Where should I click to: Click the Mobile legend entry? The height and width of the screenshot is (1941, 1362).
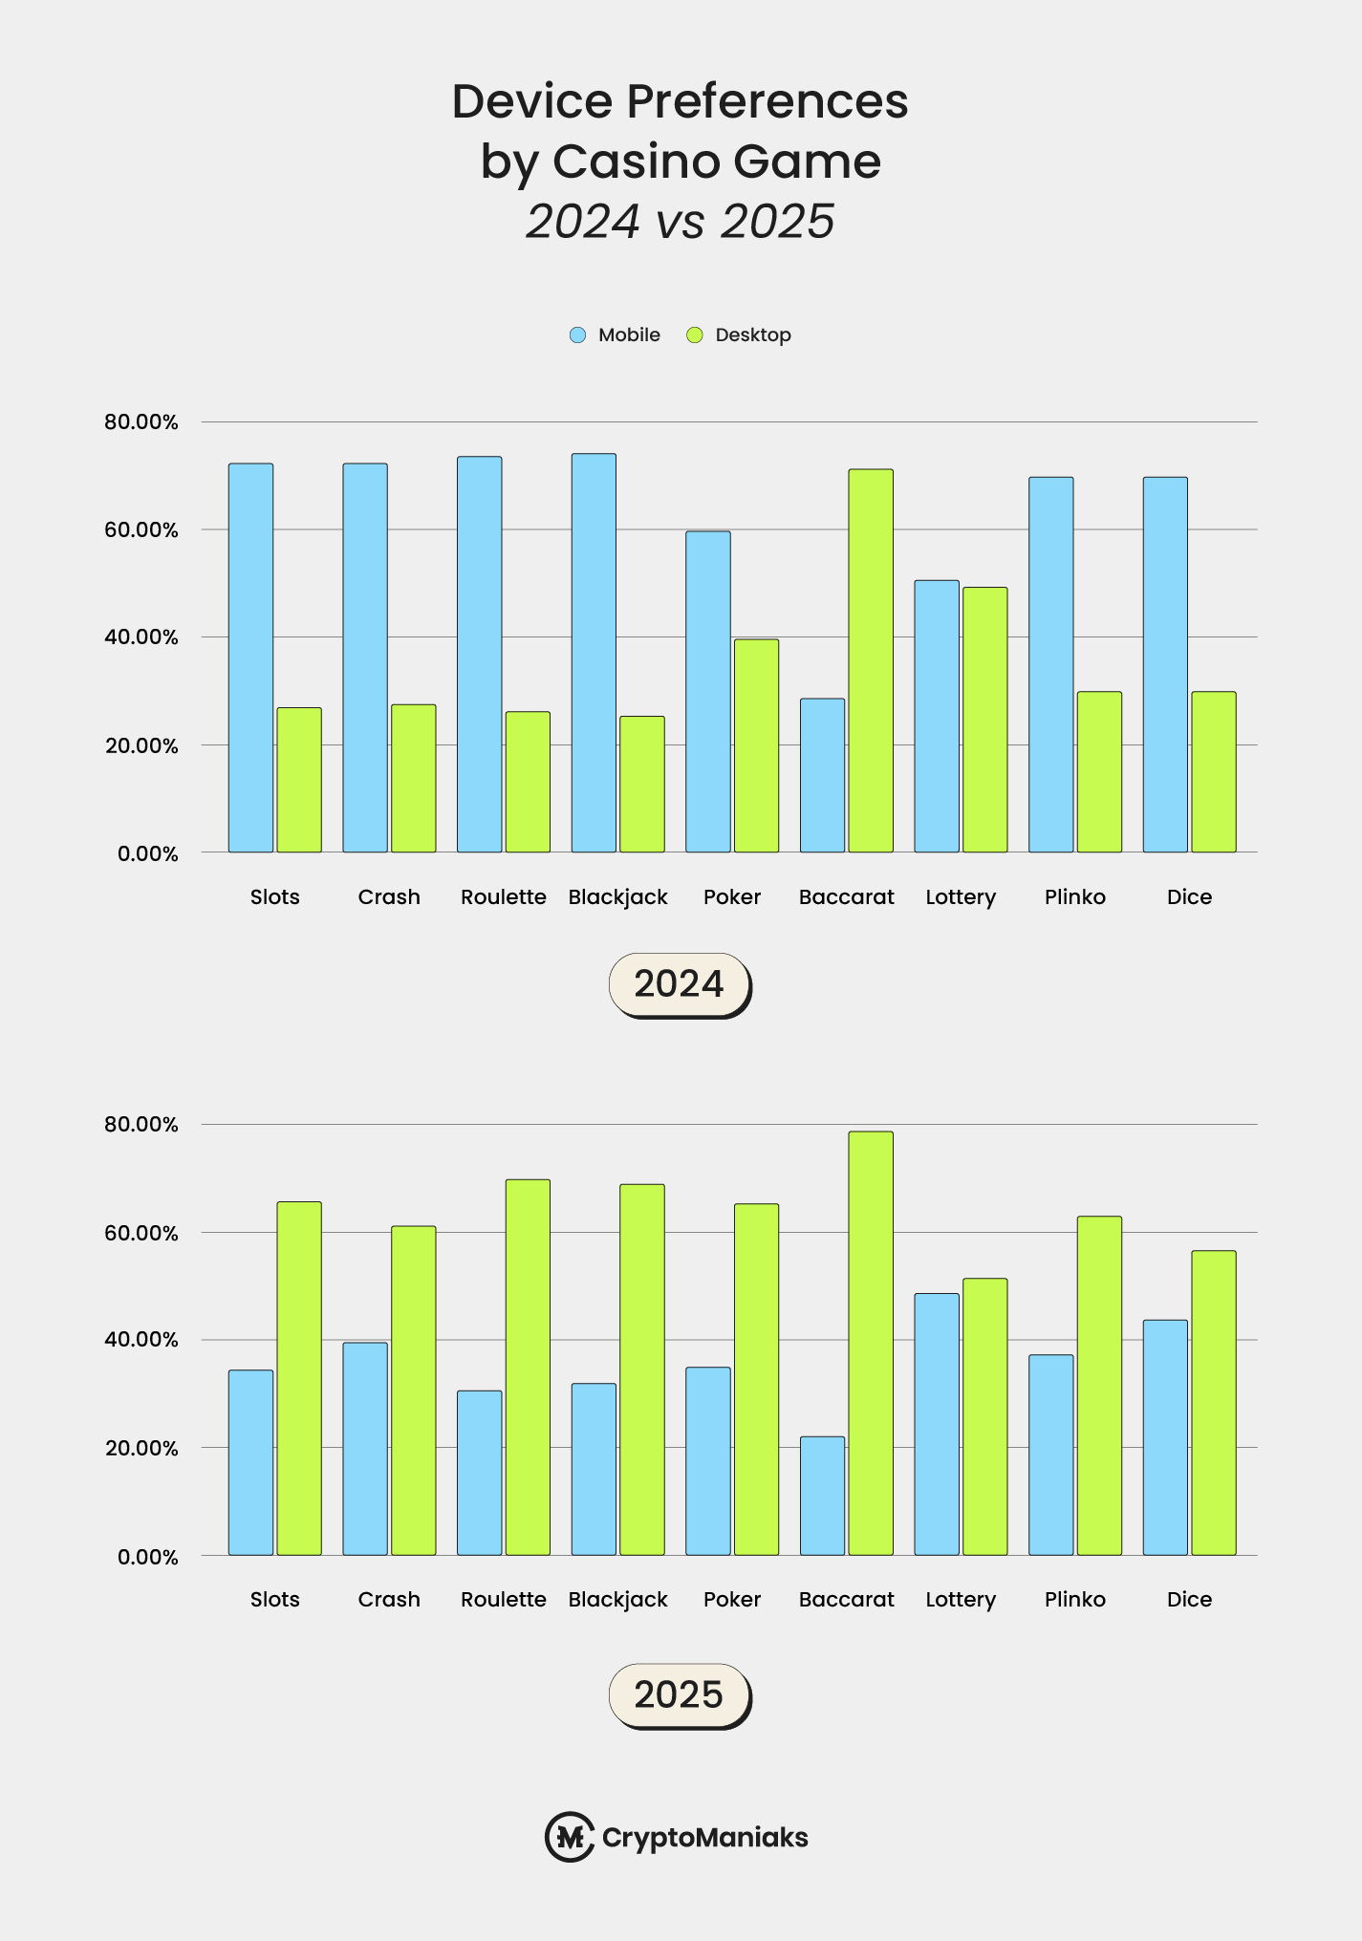point(616,335)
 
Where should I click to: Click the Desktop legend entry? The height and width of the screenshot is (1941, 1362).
point(739,335)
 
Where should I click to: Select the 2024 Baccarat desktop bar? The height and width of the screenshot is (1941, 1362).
point(871,660)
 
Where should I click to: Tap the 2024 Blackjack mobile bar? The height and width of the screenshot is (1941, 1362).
point(594,653)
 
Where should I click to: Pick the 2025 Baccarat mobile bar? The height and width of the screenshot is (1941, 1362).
point(822,1496)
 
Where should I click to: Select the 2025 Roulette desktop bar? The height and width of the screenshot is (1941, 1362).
point(528,1367)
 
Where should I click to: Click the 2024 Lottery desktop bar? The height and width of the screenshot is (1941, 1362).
point(984,720)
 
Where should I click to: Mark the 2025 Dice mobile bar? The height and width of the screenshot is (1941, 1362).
point(1165,1437)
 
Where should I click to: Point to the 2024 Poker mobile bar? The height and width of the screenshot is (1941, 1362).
point(708,692)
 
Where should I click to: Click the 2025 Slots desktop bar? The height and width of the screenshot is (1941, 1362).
point(299,1378)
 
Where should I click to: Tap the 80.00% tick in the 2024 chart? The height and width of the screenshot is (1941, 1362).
point(141,422)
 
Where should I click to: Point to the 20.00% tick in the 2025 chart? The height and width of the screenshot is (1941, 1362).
point(141,1449)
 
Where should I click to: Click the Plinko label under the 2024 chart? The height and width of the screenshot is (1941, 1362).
point(1075,897)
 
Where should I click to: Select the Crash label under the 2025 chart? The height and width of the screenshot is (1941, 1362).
point(389,1600)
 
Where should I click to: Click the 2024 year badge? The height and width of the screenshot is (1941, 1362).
point(680,984)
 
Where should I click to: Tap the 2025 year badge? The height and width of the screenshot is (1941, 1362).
point(680,1695)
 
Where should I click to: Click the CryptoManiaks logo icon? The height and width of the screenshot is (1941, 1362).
point(570,1837)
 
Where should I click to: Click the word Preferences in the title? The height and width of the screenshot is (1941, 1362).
point(767,102)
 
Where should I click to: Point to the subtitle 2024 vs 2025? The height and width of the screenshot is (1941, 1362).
point(680,222)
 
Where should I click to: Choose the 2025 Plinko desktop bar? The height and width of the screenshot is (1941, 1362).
point(1099,1386)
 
